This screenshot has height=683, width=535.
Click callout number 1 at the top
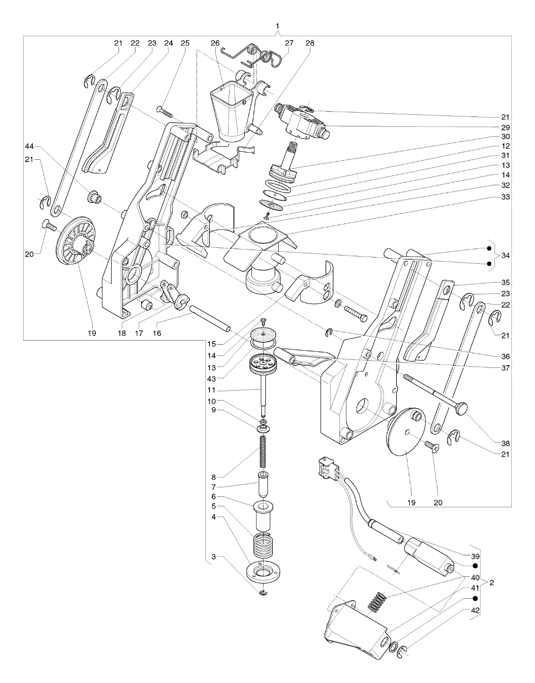(277, 26)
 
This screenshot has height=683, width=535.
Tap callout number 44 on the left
(29, 146)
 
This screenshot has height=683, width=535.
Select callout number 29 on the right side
(505, 128)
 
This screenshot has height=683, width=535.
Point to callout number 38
(505, 443)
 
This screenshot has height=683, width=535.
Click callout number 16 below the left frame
(157, 333)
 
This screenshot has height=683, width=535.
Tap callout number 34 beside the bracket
(505, 255)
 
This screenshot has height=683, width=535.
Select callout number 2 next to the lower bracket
(492, 583)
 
